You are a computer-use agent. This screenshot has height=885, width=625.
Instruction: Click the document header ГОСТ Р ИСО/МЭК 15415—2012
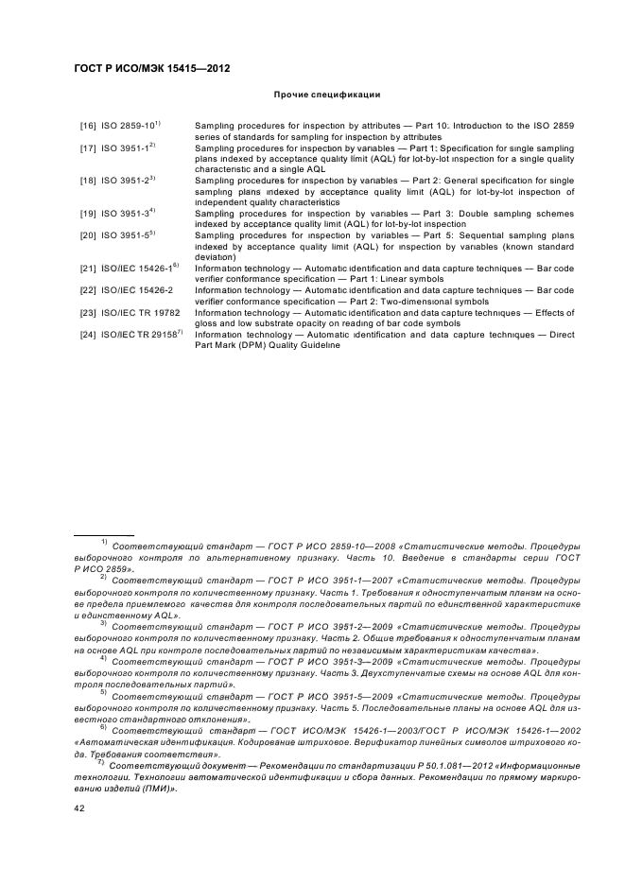click(152, 69)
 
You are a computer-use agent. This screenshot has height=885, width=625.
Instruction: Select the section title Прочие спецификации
click(326, 95)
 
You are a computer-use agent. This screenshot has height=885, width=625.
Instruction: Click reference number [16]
click(87, 126)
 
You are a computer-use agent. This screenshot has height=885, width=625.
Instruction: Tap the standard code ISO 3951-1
click(126, 148)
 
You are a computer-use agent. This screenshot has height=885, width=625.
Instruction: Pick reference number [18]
click(87, 181)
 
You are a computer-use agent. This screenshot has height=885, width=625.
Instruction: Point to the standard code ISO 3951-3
click(126, 214)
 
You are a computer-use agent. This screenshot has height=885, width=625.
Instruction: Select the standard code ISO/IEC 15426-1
click(135, 269)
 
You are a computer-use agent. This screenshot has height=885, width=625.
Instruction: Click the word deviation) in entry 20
click(215, 257)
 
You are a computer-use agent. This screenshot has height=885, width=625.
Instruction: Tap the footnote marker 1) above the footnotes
click(104, 542)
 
